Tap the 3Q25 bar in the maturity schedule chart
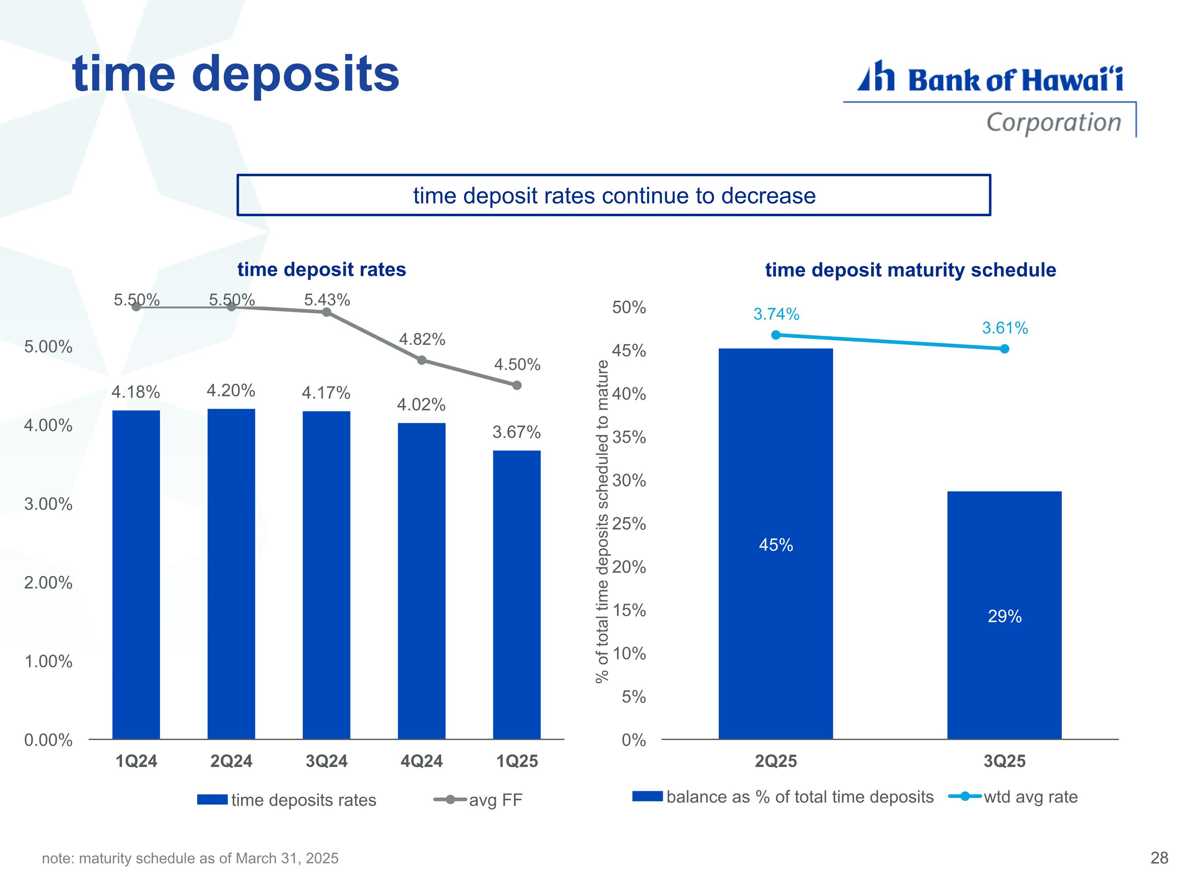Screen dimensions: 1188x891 1004,615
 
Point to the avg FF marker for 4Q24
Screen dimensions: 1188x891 422,360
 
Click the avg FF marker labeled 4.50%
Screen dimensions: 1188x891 517,385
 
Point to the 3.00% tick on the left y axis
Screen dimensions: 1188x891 48,504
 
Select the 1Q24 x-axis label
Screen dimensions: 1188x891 136,761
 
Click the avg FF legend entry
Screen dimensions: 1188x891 478,800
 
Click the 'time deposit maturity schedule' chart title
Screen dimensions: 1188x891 910,270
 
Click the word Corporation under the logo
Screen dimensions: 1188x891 1054,122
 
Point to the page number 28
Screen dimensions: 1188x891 1159,858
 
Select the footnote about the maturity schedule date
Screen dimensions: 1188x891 190,858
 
